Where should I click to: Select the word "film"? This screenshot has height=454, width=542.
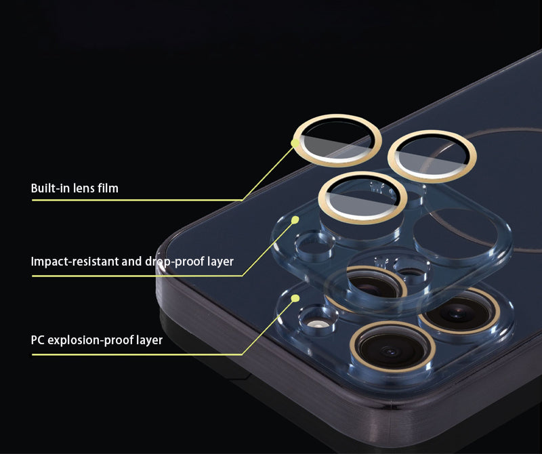tap(108, 188)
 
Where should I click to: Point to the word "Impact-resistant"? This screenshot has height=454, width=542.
tap(75, 262)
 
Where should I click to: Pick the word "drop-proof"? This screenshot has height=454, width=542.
tap(175, 262)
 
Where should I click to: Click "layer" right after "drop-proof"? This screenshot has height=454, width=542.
tap(221, 262)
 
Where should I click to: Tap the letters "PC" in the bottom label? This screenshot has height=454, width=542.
tap(37, 340)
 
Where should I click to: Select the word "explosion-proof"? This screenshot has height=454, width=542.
tap(90, 340)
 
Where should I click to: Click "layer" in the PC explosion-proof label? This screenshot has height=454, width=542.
tap(149, 340)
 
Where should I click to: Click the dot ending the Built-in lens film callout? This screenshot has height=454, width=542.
tap(295, 143)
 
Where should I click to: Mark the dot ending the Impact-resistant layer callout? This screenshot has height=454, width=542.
tap(295, 220)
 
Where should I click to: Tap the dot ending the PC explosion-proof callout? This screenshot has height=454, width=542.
tap(295, 298)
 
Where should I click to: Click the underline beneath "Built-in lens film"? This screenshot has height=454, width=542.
tap(137, 200)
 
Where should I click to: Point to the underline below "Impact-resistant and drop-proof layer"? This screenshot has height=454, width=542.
tap(137, 276)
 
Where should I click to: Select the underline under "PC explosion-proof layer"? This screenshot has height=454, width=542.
tap(137, 354)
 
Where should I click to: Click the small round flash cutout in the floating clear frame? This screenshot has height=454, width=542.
tap(315, 246)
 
